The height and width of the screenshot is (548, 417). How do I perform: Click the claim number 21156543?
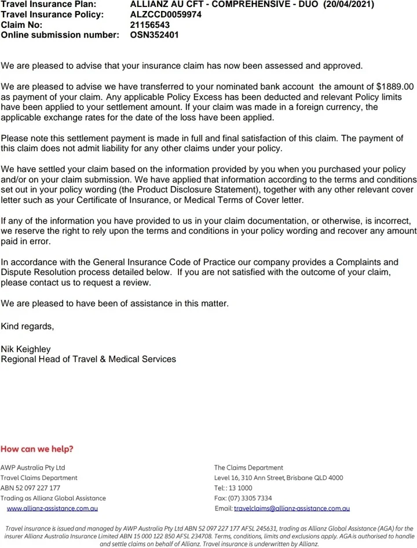click(x=151, y=24)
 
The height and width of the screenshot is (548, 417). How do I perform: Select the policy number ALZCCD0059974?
click(x=166, y=14)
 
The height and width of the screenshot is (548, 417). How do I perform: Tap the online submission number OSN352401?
click(x=155, y=35)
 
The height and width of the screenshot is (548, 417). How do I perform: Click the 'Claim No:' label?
click(x=22, y=24)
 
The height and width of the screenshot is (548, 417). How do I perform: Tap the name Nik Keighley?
click(x=26, y=349)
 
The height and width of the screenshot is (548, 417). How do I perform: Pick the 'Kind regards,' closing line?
click(x=27, y=326)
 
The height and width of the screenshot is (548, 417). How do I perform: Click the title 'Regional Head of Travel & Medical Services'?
click(x=89, y=359)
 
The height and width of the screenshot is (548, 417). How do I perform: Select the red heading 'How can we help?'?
click(x=37, y=449)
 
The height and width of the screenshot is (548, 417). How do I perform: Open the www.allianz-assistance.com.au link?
click(x=52, y=509)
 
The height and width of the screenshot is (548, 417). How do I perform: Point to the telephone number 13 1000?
click(x=241, y=488)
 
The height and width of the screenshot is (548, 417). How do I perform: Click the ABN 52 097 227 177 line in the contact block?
click(x=30, y=488)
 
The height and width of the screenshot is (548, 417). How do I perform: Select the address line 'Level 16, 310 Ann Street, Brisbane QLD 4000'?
click(x=279, y=478)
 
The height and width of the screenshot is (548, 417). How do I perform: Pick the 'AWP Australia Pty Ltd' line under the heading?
click(x=32, y=467)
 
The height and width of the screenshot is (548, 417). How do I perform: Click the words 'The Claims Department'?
click(x=248, y=467)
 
